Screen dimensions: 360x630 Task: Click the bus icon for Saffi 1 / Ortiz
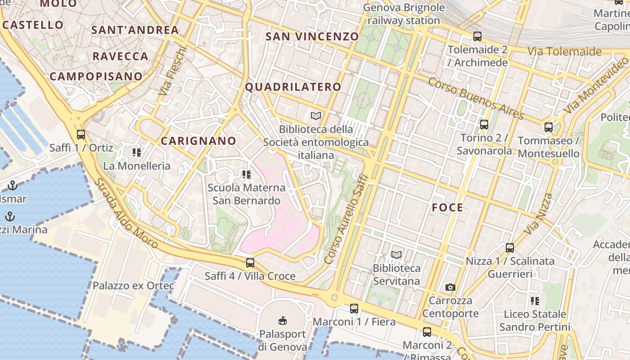[x=81, y=134]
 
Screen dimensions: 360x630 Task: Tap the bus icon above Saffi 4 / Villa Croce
[x=250, y=263]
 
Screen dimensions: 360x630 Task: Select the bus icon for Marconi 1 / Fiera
[x=354, y=309]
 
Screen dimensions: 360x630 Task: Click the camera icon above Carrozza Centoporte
[x=450, y=287]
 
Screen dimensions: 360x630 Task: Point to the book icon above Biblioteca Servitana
[x=396, y=255]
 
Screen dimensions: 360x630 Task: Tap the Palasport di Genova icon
[x=282, y=321]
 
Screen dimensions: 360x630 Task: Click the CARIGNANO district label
[x=198, y=141]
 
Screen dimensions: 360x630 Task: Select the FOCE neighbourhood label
[x=447, y=207]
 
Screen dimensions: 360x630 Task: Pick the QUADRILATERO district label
[x=293, y=87]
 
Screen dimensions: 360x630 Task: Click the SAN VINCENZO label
[x=312, y=36]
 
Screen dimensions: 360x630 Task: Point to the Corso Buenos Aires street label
[x=476, y=99]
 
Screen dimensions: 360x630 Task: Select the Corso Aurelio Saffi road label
[x=346, y=220]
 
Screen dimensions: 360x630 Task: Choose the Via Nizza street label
[x=538, y=214]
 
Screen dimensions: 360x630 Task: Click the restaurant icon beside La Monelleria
[x=137, y=153]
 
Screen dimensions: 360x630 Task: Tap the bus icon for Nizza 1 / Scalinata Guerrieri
[x=510, y=247]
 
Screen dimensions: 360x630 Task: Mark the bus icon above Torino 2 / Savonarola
[x=484, y=125]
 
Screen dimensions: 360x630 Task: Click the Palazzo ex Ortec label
[x=133, y=286]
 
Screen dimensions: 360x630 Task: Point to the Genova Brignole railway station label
[x=404, y=14]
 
